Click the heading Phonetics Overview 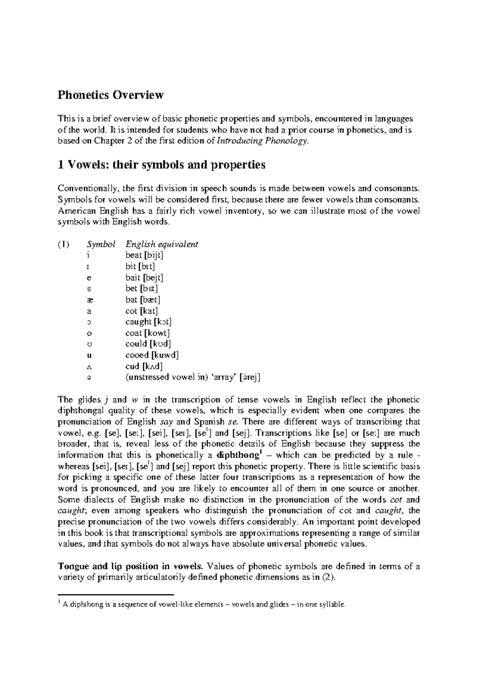[x=110, y=95]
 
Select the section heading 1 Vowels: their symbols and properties [x=161, y=165]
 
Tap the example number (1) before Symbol [x=63, y=245]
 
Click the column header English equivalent [x=162, y=245]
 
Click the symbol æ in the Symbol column [x=89, y=300]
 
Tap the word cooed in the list [x=137, y=355]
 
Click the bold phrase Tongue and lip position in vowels [x=130, y=566]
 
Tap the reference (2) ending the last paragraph [x=329, y=578]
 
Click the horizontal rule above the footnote [x=116, y=594]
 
